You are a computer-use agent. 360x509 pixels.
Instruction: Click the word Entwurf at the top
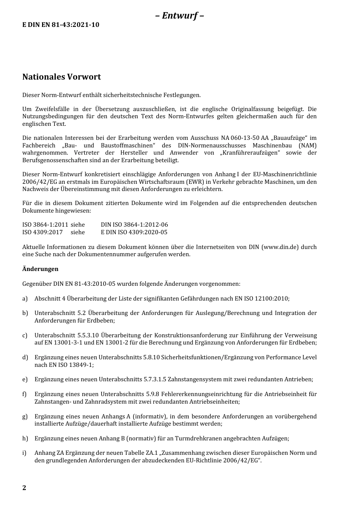(x=180, y=16)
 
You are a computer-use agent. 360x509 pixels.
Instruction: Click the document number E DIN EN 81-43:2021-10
(x=61, y=25)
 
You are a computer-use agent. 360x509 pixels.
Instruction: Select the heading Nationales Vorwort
(x=61, y=77)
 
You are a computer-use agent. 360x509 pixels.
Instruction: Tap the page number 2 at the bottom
(x=24, y=488)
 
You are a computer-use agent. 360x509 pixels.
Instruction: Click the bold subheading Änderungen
(x=40, y=269)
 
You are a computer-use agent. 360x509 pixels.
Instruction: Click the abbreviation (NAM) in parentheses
(x=307, y=146)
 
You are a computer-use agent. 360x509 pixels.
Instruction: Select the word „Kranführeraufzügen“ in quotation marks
(x=250, y=153)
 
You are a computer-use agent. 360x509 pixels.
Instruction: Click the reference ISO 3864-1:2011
(x=45, y=225)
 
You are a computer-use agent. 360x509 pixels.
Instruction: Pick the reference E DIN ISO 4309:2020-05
(x=134, y=232)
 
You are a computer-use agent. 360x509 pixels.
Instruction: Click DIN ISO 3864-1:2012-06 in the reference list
(x=134, y=225)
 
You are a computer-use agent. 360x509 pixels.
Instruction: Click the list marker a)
(x=25, y=299)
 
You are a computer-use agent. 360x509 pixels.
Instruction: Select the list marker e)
(x=25, y=379)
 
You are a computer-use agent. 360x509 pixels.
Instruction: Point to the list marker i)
(x=24, y=453)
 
